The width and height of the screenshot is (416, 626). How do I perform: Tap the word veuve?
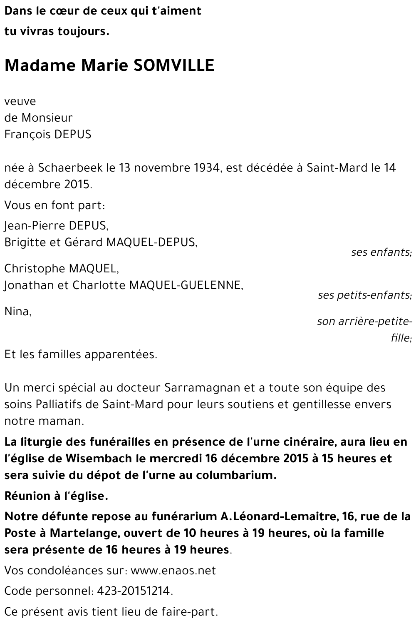coord(20,102)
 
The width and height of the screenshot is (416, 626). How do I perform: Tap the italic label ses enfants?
coord(381,252)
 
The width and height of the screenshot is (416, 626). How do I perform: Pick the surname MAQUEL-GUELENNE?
coord(186,285)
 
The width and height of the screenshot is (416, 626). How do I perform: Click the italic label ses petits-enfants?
coord(364,295)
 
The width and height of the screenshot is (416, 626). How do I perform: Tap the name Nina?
coord(17,312)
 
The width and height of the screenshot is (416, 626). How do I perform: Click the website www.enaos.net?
coord(173,571)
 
